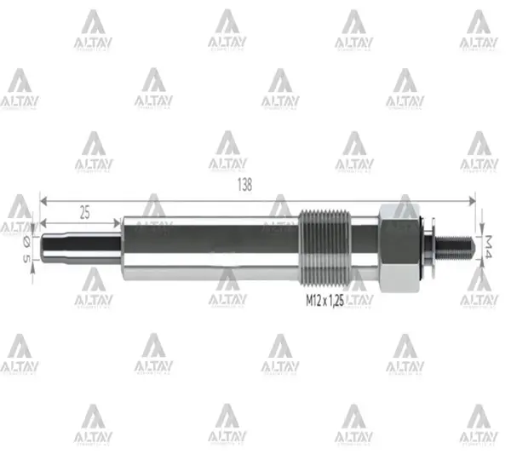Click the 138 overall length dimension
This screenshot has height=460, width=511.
pyautogui.click(x=246, y=189)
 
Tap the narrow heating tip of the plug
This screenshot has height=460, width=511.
pyautogui.click(x=81, y=245)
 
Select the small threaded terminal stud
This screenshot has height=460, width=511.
pyautogui.click(x=455, y=245)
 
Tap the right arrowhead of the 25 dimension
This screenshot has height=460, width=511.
pyautogui.click(x=118, y=224)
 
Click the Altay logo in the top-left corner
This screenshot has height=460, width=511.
pyautogui.click(x=93, y=29)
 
